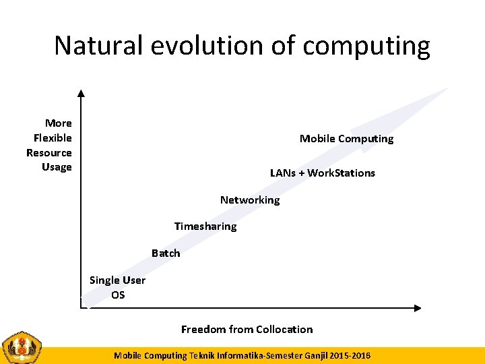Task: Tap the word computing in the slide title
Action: point(366,47)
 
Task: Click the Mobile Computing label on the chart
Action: point(346,139)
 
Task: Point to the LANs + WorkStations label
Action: point(322,173)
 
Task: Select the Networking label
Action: point(249,200)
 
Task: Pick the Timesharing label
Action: point(205,226)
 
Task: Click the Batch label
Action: point(166,253)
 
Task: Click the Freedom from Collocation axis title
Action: point(247,330)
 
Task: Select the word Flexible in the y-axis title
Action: point(53,138)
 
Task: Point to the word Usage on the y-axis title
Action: point(57,167)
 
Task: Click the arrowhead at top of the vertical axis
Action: point(81,94)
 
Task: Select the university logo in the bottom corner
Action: point(22,348)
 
